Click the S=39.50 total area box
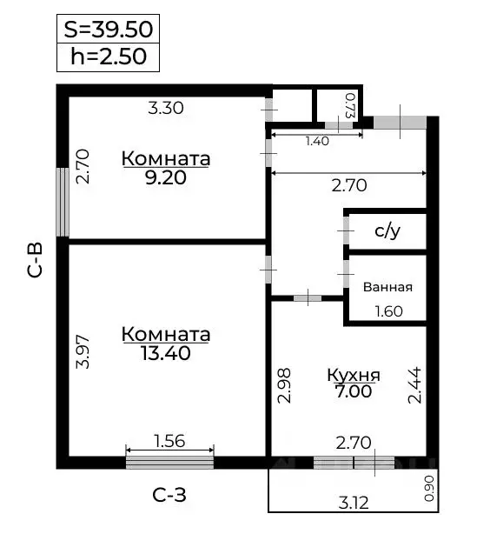pos(108,29)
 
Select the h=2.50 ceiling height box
pos(108,57)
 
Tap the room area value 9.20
pos(166,177)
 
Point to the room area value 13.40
pos(166,353)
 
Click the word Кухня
pos(353,376)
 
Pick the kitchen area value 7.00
pos(353,391)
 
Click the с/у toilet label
pos(387,231)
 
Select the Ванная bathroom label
pos(387,287)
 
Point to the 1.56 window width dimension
pos(169,441)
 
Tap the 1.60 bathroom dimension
pos(387,311)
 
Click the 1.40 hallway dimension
pos(317,141)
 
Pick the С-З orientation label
pos(169,496)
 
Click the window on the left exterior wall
pos(63,202)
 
